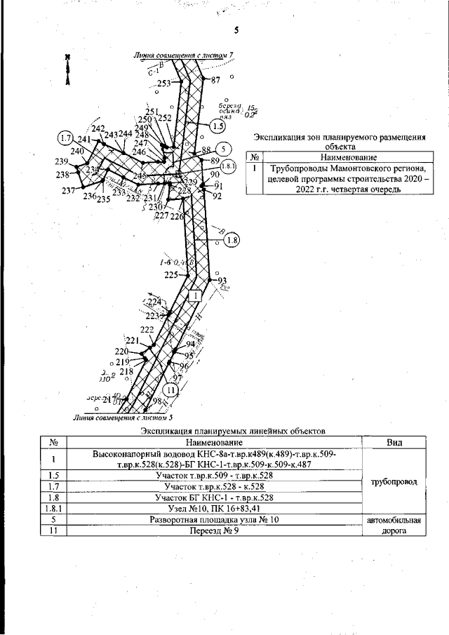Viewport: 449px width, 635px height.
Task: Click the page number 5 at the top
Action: (237, 30)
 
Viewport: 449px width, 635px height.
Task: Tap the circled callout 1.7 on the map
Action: (67, 138)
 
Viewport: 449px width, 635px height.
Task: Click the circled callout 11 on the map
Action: (169, 390)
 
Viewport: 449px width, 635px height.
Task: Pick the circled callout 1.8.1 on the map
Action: (230, 166)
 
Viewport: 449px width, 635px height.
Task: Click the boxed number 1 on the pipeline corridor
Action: (195, 296)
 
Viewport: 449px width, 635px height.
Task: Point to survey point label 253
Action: (164, 83)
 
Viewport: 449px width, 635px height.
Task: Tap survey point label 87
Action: (215, 80)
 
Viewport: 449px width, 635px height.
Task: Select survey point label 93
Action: (224, 281)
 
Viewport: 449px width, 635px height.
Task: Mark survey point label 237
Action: (69, 191)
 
